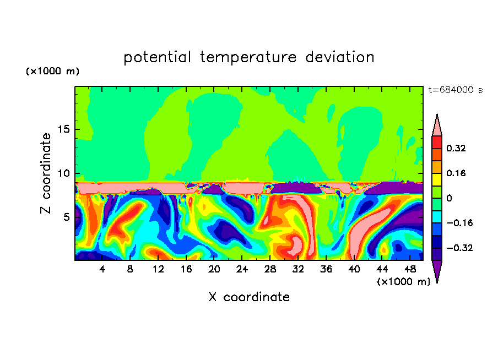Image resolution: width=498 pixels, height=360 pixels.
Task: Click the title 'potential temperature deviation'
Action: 248,57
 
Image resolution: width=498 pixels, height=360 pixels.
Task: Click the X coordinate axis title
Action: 249,297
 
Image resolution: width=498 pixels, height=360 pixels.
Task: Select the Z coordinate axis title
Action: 46,173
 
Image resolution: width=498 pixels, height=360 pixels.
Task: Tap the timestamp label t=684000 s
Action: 455,90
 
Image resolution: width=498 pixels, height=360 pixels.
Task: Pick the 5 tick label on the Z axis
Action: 65,217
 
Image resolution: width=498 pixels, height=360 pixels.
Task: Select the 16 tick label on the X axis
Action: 186,270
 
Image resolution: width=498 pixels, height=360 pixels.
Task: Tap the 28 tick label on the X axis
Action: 270,270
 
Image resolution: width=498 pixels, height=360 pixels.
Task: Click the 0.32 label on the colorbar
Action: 457,148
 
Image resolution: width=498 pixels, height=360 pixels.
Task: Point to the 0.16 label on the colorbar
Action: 457,173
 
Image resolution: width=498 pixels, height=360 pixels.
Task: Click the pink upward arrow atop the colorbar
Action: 437,125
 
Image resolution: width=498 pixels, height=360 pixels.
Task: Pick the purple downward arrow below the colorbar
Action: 437,271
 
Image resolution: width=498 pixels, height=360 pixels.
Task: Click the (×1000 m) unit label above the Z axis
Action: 52,72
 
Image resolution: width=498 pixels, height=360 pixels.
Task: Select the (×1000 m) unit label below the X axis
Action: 403,282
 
